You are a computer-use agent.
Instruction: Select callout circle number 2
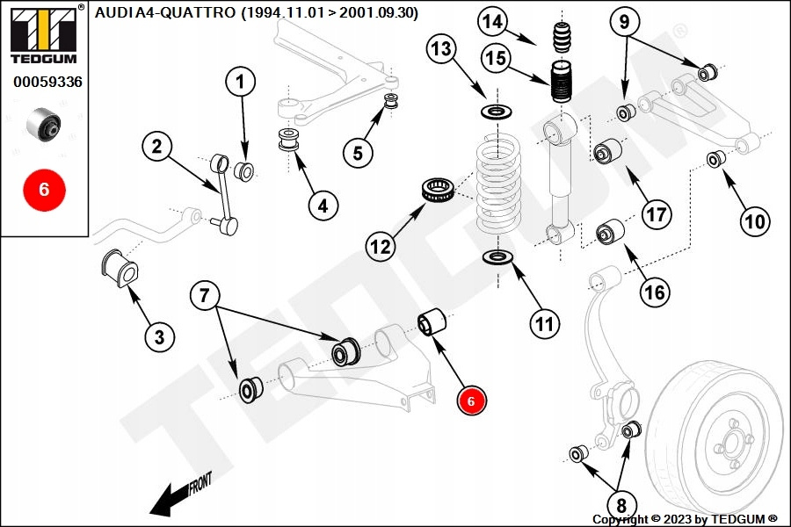(156, 147)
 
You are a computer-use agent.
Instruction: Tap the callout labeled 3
(159, 336)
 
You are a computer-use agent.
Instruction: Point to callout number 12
(380, 247)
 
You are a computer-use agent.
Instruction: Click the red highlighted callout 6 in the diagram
(471, 401)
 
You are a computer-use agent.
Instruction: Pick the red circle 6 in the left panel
(44, 189)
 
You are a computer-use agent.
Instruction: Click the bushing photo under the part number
(44, 126)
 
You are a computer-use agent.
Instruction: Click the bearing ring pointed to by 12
(437, 191)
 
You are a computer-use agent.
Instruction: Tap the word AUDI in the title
(112, 12)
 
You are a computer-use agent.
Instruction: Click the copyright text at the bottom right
(686, 518)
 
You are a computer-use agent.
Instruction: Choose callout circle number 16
(655, 292)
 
